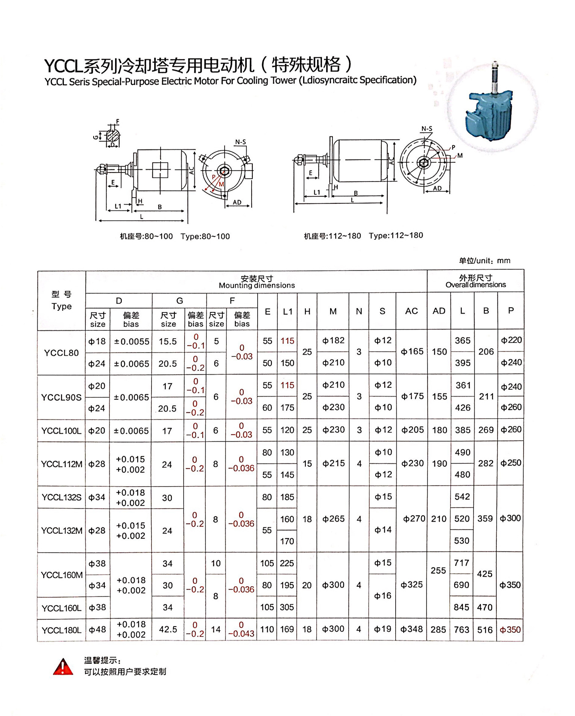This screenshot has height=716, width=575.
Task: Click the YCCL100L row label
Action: (61, 431)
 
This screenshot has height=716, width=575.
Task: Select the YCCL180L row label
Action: (61, 630)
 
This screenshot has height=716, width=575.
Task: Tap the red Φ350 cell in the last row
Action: (510, 630)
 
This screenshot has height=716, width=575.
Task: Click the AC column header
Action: (411, 311)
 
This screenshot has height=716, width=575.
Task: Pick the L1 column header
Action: (287, 312)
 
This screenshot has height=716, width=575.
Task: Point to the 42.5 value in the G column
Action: (168, 630)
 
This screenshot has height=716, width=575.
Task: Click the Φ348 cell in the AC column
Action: (411, 629)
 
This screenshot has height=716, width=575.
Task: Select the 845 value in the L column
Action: (461, 607)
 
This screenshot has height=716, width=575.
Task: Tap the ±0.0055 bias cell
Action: (131, 342)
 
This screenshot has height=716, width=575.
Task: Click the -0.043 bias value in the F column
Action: (241, 633)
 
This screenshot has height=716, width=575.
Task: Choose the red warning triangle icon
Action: (63, 667)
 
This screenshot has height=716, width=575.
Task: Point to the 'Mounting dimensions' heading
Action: (256, 285)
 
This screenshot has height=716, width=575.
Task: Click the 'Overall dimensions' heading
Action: (475, 285)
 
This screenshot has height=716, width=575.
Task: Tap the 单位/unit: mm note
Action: (484, 260)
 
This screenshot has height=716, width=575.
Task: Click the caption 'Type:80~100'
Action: (205, 236)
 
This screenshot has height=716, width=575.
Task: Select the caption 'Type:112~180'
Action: (396, 235)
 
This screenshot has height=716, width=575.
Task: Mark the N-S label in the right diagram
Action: (426, 129)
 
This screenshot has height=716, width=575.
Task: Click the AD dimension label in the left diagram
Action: (237, 202)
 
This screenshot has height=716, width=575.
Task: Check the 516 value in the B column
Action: (485, 630)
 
